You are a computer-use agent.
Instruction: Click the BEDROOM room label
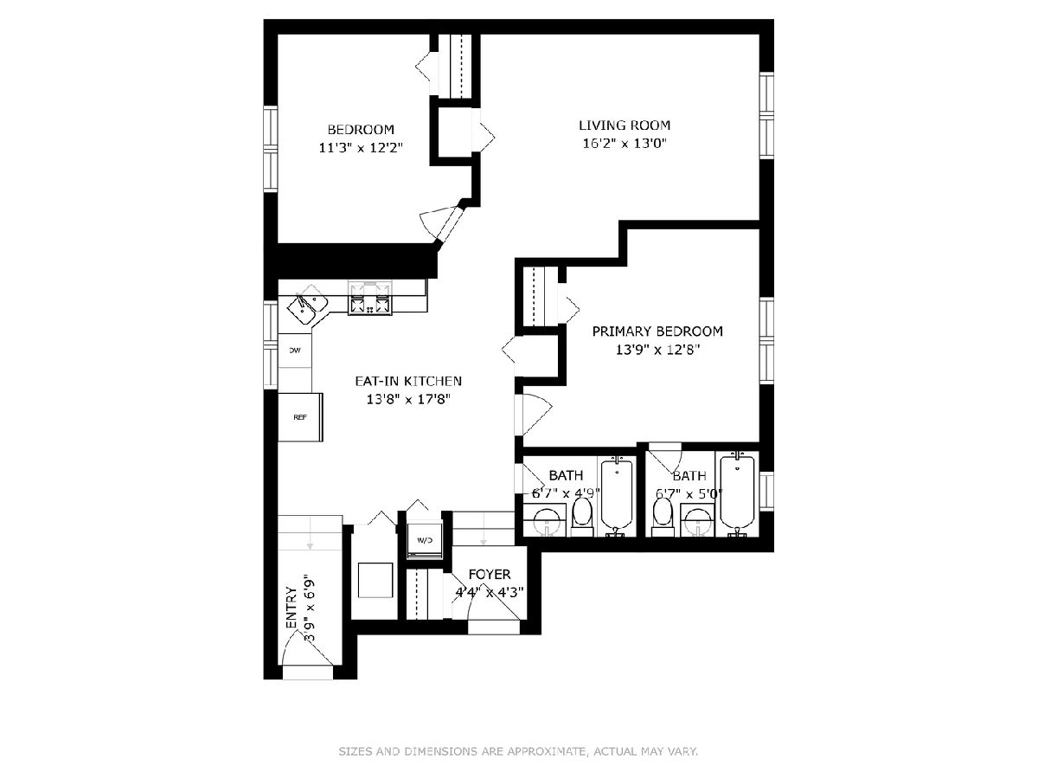[361, 130]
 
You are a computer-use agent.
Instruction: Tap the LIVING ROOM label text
[625, 126]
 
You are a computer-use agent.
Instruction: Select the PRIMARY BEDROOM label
[657, 332]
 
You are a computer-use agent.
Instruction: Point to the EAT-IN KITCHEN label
[408, 381]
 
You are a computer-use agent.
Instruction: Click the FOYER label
[490, 574]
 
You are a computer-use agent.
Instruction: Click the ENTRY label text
[292, 608]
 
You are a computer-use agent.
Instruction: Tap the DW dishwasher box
[295, 351]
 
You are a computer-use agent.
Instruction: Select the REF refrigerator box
[300, 417]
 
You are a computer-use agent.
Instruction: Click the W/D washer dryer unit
[425, 540]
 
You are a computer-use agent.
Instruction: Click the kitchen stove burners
[370, 298]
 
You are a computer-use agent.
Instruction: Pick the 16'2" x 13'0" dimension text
[625, 144]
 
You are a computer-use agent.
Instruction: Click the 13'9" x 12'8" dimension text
[657, 350]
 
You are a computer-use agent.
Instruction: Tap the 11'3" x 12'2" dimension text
[361, 148]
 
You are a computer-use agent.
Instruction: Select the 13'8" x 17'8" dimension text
[408, 400]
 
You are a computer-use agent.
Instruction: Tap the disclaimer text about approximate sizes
[518, 751]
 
